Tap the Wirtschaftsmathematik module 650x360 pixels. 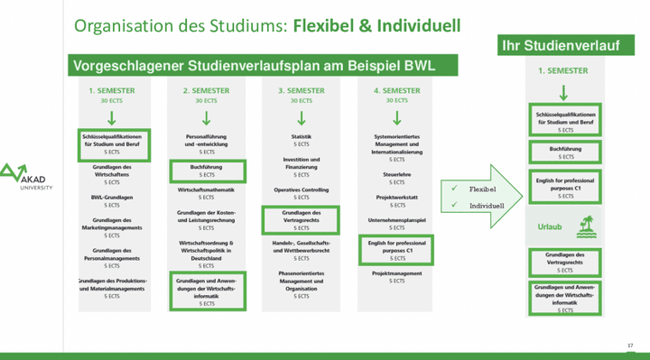pos(208,190)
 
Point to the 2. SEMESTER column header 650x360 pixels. pos(208,91)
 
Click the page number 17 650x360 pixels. pos(629,345)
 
